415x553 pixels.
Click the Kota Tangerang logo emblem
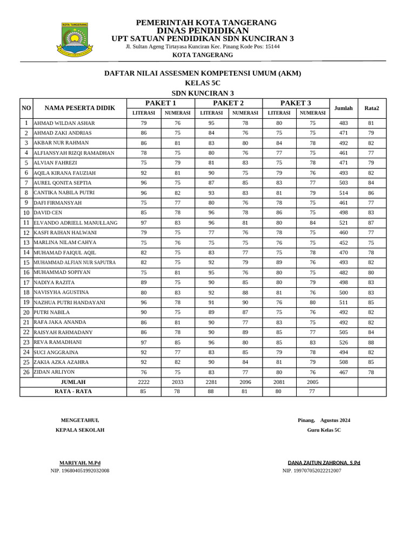pyautogui.click(x=75, y=39)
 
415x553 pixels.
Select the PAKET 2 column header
pyautogui.click(x=228, y=103)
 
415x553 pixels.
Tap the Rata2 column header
pyautogui.click(x=371, y=108)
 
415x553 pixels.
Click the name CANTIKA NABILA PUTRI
pyautogui.click(x=64, y=193)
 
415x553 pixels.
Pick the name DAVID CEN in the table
pyautogui.click(x=48, y=213)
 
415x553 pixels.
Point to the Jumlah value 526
pyautogui.click(x=343, y=342)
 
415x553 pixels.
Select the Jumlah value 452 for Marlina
pyautogui.click(x=343, y=242)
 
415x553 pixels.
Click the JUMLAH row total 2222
pyautogui.click(x=143, y=382)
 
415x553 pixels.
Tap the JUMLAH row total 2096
pyautogui.click(x=245, y=382)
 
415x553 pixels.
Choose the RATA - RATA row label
pyautogui.click(x=73, y=392)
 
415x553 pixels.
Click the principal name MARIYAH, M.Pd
pyautogui.click(x=79, y=463)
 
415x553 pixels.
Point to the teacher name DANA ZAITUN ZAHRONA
pyautogui.click(x=324, y=463)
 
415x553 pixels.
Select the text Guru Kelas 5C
pyautogui.click(x=324, y=430)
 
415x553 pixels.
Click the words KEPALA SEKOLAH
pyautogui.click(x=80, y=430)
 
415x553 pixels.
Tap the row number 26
pyautogui.click(x=26, y=372)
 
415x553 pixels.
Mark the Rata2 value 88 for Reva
pyautogui.click(x=371, y=342)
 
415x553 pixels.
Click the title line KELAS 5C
pyautogui.click(x=203, y=83)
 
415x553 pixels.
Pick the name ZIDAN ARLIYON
pyautogui.click(x=55, y=372)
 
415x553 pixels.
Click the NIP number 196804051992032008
pyautogui.click(x=80, y=471)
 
